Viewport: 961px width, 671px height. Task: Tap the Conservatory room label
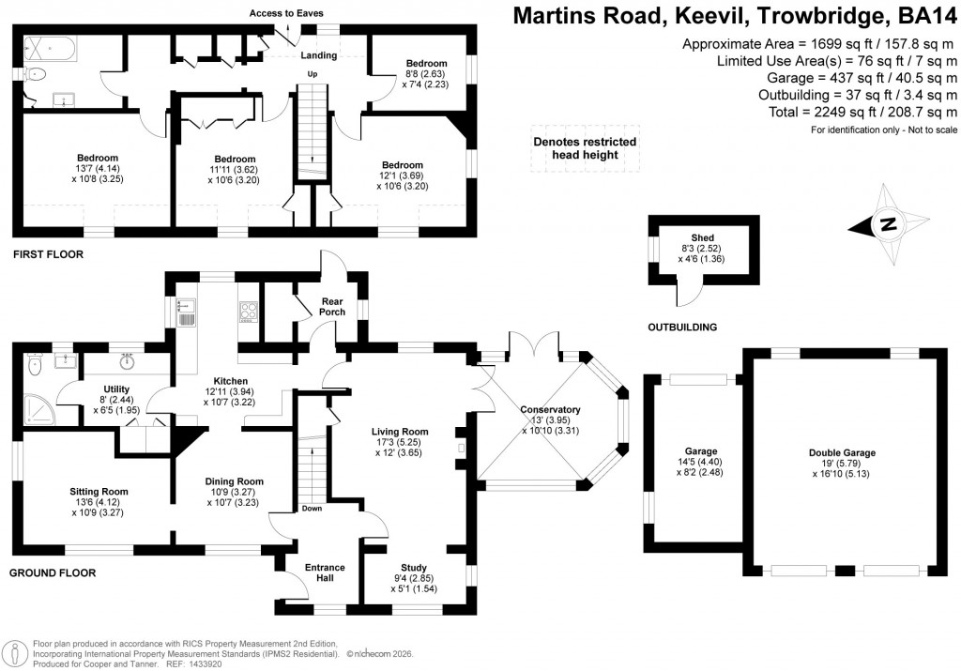pyautogui.click(x=551, y=409)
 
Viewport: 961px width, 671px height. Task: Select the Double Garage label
pyautogui.click(x=842, y=452)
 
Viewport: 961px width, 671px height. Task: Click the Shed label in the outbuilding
pyautogui.click(x=703, y=238)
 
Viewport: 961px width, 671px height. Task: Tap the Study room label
pyautogui.click(x=413, y=566)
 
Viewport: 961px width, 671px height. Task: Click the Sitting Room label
pyautogui.click(x=99, y=491)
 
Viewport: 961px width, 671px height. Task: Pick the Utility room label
pyautogui.click(x=117, y=389)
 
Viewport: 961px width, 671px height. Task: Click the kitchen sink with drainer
pyautogui.click(x=185, y=311)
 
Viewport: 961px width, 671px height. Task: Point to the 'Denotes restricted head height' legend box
pyautogui.click(x=585, y=148)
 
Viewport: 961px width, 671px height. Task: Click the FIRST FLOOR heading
pyautogui.click(x=48, y=254)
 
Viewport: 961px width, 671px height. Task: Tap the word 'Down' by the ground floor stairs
pyautogui.click(x=312, y=508)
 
